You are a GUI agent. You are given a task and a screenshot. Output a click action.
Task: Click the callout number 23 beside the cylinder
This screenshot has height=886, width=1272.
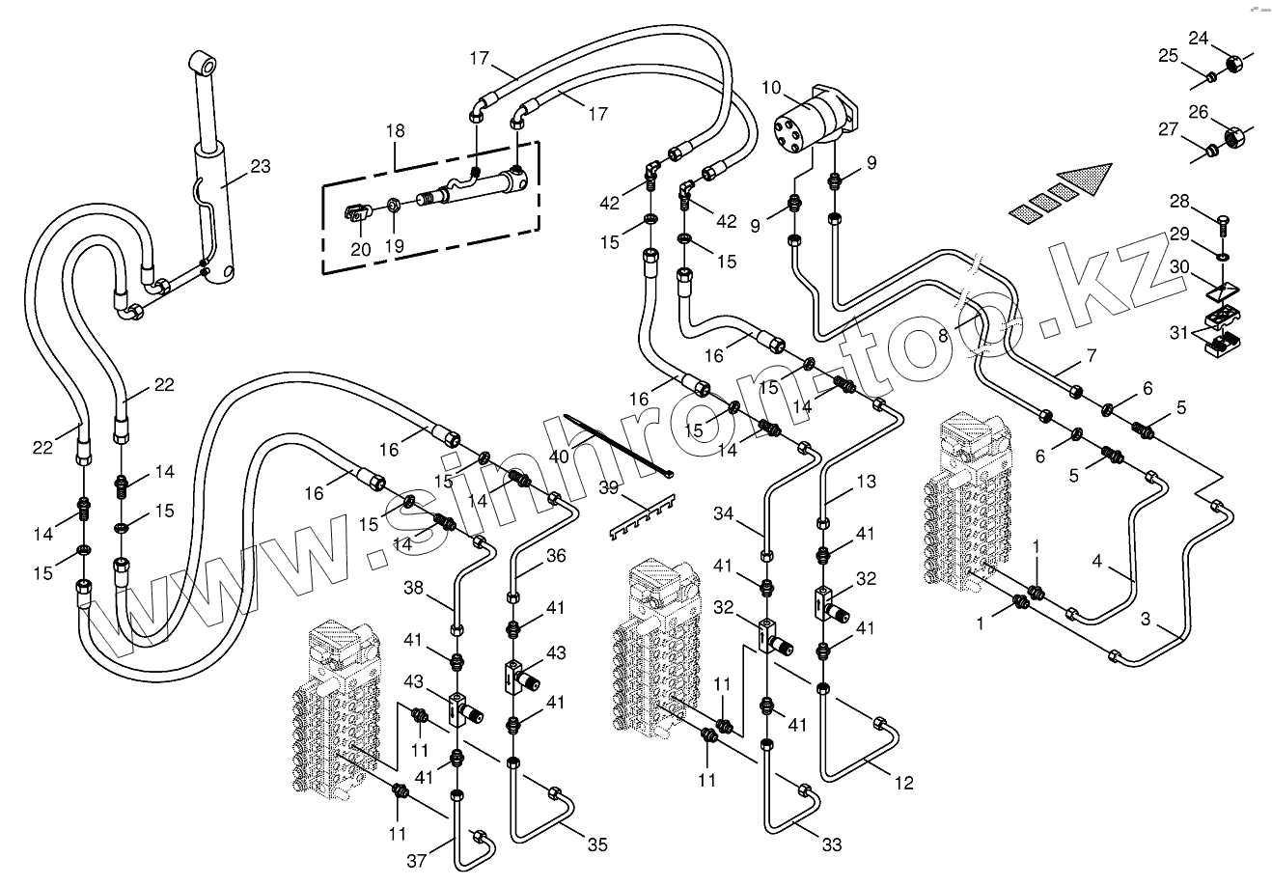[261, 166]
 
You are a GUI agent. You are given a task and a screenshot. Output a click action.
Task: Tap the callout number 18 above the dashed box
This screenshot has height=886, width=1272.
[396, 130]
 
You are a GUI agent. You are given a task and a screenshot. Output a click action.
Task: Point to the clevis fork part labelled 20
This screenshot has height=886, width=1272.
[359, 214]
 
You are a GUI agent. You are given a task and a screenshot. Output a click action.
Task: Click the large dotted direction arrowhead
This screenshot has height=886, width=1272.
[1085, 180]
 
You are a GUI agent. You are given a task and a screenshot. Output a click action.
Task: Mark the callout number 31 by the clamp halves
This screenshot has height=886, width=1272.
[1179, 332]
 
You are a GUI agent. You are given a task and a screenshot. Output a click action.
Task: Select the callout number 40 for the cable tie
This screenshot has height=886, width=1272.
[559, 457]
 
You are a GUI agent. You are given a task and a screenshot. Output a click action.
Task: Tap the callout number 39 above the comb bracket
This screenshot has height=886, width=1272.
[609, 487]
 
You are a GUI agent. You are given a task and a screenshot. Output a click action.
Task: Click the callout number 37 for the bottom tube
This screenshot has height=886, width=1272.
[417, 861]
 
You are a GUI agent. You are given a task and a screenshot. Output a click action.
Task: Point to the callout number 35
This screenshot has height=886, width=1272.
[597, 844]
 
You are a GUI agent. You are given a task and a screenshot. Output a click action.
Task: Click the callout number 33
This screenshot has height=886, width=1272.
[832, 844]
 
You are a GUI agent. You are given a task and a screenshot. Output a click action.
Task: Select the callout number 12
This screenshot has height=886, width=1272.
[904, 783]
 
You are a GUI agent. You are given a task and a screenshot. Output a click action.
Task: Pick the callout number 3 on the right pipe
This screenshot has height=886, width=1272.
[1146, 619]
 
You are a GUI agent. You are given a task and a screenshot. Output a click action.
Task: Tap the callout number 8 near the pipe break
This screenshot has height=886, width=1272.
[943, 336]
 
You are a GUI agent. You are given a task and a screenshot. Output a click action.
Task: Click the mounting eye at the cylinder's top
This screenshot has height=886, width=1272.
[203, 63]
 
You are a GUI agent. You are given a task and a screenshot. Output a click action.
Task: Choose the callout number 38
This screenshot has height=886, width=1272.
[413, 588]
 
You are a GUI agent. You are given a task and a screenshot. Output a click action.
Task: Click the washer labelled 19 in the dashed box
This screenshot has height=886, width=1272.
[393, 205]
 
